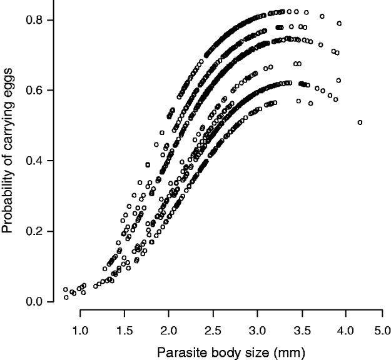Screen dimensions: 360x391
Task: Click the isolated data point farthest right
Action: click(360, 122)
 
